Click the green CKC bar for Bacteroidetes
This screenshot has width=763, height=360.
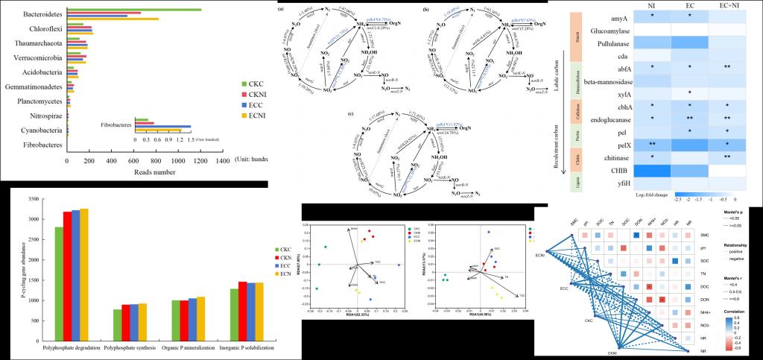[134, 10]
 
